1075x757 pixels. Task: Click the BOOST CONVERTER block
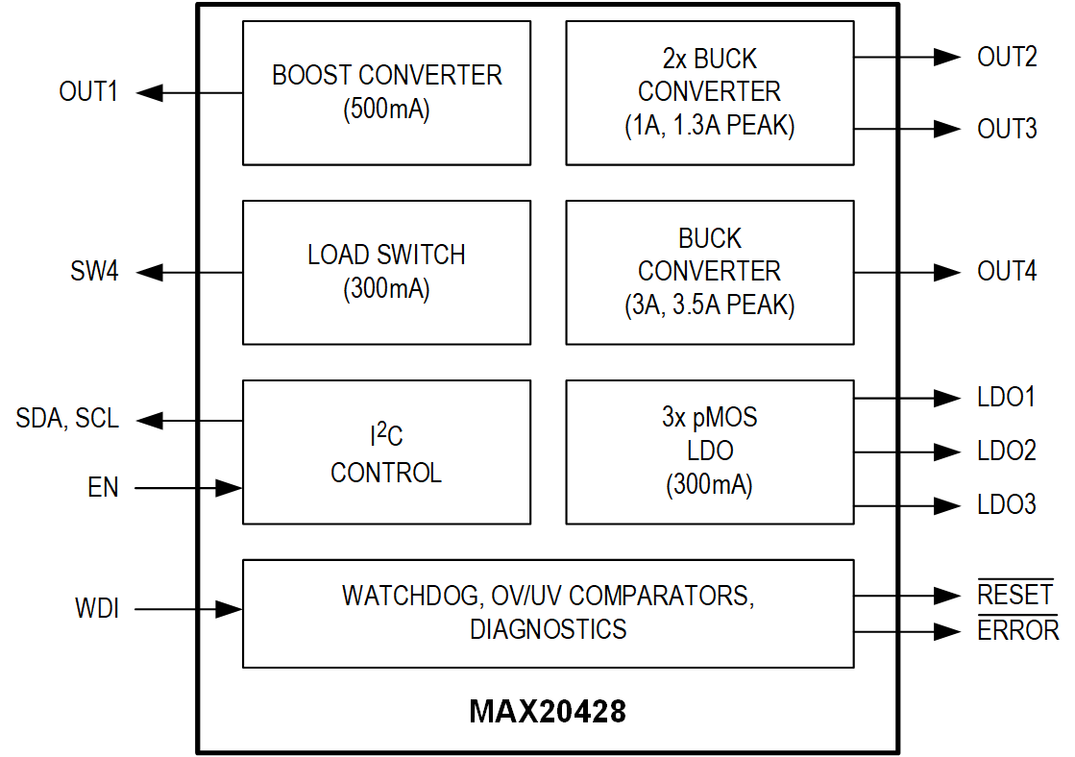point(386,92)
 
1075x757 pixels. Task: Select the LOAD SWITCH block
point(386,272)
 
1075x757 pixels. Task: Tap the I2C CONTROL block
point(386,452)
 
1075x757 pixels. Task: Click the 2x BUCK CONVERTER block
point(709,92)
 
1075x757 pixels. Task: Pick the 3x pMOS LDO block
point(709,452)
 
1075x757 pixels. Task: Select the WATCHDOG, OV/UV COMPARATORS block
point(548,613)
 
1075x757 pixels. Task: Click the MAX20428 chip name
point(548,712)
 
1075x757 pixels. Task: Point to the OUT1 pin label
point(88,93)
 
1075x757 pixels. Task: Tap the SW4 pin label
point(94,273)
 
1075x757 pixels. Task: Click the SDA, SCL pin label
point(67,419)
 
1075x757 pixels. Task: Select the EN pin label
point(103,488)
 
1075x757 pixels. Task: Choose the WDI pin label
point(97,609)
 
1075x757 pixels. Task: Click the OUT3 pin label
point(1007,129)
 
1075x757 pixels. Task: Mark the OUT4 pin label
point(1007,272)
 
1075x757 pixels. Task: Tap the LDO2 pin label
point(1007,451)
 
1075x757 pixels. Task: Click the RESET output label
point(1015,596)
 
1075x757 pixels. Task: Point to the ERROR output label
point(1018,631)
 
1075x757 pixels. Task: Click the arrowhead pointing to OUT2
point(947,57)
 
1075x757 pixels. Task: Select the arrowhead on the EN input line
point(229,488)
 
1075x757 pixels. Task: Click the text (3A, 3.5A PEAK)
point(709,305)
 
